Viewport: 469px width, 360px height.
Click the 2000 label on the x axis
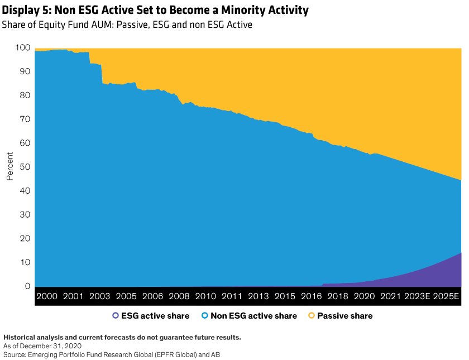tap(47, 296)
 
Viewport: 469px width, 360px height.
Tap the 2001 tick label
tap(73, 296)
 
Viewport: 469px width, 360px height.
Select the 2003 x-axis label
tap(100, 296)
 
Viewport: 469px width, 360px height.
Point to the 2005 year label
tap(126, 296)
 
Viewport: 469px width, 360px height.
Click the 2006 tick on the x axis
tap(152, 296)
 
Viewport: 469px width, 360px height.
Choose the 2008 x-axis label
tap(179, 296)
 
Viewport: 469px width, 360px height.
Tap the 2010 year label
tap(205, 296)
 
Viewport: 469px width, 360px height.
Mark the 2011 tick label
tap(232, 296)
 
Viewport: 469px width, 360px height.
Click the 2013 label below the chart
tap(259, 296)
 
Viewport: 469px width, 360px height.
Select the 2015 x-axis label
tap(285, 296)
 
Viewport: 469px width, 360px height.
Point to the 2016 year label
tap(312, 296)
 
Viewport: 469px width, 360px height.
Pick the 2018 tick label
tap(338, 296)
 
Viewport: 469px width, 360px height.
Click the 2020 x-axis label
tap(365, 296)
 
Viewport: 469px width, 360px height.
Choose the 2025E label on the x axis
tap(447, 296)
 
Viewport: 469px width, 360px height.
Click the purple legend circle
tap(116, 315)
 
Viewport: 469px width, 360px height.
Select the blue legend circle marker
tap(205, 315)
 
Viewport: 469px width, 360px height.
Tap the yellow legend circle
tap(312, 315)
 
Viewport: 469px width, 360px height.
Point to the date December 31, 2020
tap(56, 346)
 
